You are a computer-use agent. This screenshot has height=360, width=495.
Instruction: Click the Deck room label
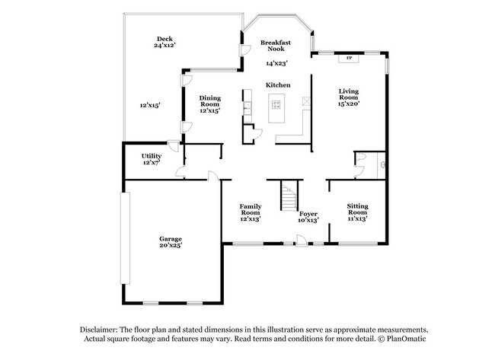tap(164, 38)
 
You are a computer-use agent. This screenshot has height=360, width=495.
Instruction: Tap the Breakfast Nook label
tap(276, 46)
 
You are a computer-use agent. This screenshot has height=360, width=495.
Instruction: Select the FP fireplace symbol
tap(349, 58)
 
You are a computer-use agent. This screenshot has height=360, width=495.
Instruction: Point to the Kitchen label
tap(277, 84)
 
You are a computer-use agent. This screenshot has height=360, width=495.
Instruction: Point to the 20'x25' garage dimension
tap(170, 246)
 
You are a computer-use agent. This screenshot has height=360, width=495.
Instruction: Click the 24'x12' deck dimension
tap(164, 46)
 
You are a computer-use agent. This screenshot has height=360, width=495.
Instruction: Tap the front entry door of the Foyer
tap(302, 242)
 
